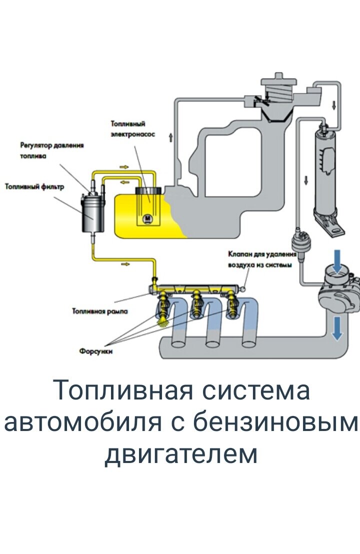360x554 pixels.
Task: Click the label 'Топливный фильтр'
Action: pyautogui.click(x=34, y=186)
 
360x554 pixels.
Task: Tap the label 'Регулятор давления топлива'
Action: pyautogui.click(x=51, y=150)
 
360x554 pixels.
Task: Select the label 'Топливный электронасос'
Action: pyautogui.click(x=132, y=129)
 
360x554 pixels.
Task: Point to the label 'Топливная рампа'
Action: pyautogui.click(x=100, y=311)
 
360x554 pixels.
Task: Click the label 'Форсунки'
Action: pyautogui.click(x=95, y=351)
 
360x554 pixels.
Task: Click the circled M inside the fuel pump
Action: pyautogui.click(x=147, y=217)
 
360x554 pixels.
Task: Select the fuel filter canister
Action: pyautogui.click(x=91, y=213)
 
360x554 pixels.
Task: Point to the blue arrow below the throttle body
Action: pyautogui.click(x=338, y=327)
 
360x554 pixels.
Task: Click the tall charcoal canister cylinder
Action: pyautogui.click(x=325, y=170)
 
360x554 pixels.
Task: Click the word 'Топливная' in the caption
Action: pyautogui.click(x=122, y=390)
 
